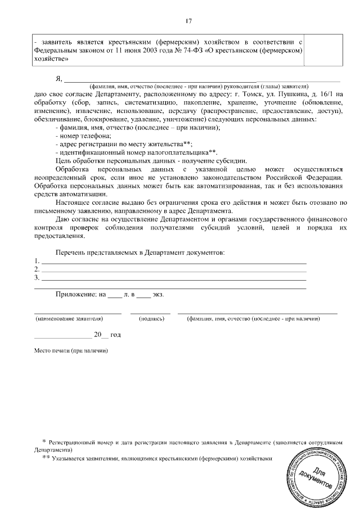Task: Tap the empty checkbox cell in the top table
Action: pyautogui.click(x=325, y=49)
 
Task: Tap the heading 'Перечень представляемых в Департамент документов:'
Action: pyautogui.click(x=140, y=253)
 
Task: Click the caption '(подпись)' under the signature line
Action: pyautogui.click(x=151, y=319)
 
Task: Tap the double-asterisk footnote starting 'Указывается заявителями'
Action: pyautogui.click(x=161, y=458)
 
